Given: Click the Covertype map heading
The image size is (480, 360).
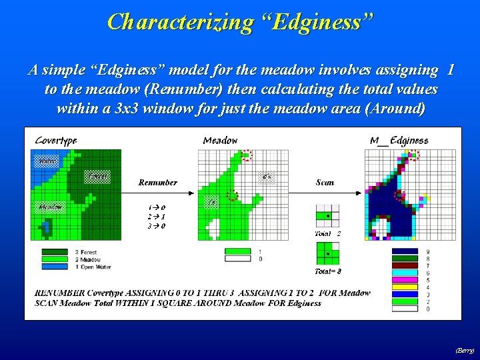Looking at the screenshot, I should tap(56, 140).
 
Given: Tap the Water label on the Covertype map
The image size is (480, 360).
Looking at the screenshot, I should tap(47, 161).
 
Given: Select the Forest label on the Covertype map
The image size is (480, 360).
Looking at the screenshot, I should tap(97, 177).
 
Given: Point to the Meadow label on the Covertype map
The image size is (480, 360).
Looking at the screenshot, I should tap(50, 207).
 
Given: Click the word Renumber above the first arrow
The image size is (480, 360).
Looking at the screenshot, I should tap(158, 182).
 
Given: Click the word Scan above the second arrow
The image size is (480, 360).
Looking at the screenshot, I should tap(325, 182).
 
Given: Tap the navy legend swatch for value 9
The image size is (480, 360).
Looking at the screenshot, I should tap(404, 251).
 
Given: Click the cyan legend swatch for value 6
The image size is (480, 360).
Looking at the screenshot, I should tap(404, 273).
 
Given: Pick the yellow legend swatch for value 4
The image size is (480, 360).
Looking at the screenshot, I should tap(404, 287).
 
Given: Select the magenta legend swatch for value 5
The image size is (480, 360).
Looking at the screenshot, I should tap(404, 280).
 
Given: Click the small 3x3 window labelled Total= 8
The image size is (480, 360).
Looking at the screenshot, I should tap(327, 253).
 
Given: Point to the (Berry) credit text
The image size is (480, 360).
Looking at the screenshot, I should tap(465, 350).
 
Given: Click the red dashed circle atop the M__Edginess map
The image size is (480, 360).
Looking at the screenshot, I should tap(413, 155).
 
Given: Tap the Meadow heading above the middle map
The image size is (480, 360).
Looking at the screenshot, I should tap(220, 140).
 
